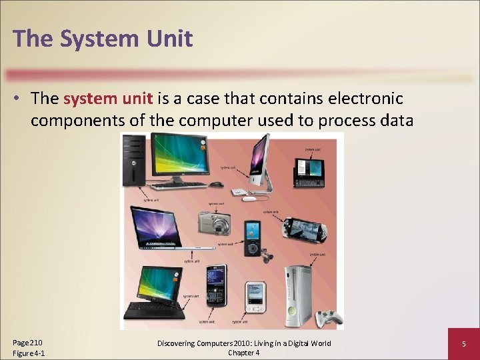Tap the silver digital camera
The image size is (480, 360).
(214, 223)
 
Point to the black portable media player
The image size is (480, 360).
(252, 238)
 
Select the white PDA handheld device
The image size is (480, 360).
(255, 296)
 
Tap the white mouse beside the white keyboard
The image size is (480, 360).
(249, 199)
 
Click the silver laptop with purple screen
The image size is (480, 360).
(157, 230)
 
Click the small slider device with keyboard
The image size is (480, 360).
(308, 172)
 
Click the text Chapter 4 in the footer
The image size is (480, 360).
(243, 353)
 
